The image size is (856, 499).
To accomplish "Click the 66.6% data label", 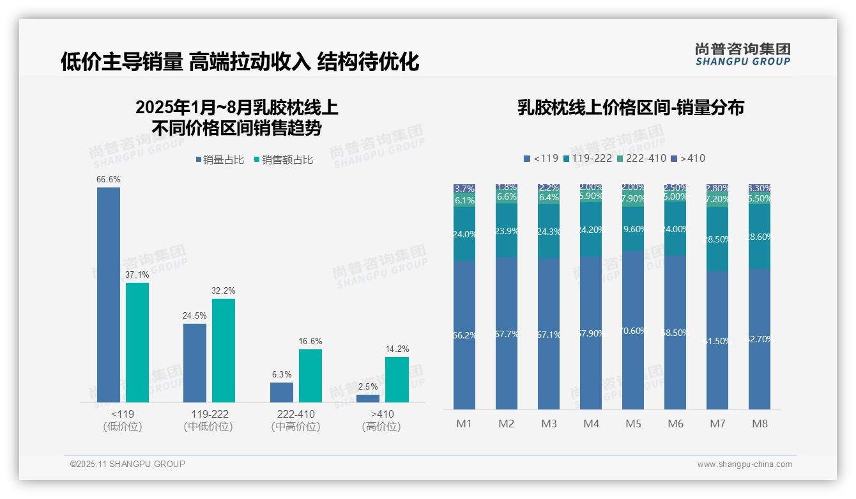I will click(x=108, y=180).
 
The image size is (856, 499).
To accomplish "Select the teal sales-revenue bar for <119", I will click(x=137, y=342).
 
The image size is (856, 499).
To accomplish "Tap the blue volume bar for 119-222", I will click(x=195, y=363).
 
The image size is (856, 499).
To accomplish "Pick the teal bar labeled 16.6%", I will click(x=310, y=376).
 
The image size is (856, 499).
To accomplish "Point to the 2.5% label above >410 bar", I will click(x=367, y=387).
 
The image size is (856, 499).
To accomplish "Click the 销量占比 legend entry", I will click(x=220, y=160).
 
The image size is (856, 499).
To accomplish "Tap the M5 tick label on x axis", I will click(x=633, y=424).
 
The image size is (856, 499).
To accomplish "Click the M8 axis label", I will click(x=760, y=424).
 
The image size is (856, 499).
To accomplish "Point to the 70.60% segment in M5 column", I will click(x=633, y=330).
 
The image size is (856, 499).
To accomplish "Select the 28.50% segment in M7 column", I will click(x=717, y=239).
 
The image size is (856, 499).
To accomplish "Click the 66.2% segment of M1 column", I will click(x=464, y=335).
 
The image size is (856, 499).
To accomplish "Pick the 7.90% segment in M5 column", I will click(x=633, y=198).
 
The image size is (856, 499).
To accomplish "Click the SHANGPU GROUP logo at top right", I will click(x=742, y=54).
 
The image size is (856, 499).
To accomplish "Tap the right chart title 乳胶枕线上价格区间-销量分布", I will click(x=631, y=107).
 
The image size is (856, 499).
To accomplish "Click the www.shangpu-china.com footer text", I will click(x=744, y=464).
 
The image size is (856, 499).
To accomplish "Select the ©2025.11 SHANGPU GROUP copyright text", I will click(x=128, y=464).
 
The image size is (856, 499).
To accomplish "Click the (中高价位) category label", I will click(x=296, y=427).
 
